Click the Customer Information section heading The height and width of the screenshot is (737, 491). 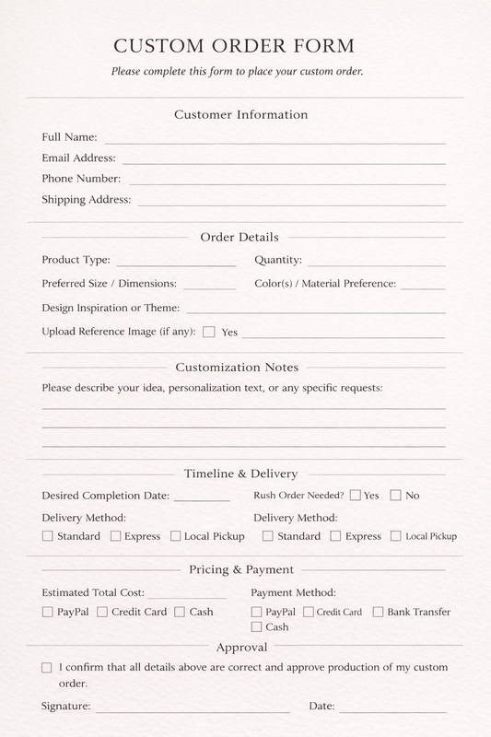(x=240, y=115)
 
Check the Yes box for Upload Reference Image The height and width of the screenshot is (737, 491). (x=209, y=332)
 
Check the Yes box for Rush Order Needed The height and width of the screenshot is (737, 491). (x=355, y=495)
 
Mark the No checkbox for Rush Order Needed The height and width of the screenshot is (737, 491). (x=395, y=495)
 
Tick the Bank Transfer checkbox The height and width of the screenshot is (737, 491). (x=379, y=612)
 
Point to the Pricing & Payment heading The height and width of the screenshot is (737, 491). (x=241, y=569)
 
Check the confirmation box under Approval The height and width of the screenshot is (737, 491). (x=47, y=667)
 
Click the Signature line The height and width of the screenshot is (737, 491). (x=192, y=710)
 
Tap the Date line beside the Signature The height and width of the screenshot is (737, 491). (x=392, y=710)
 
